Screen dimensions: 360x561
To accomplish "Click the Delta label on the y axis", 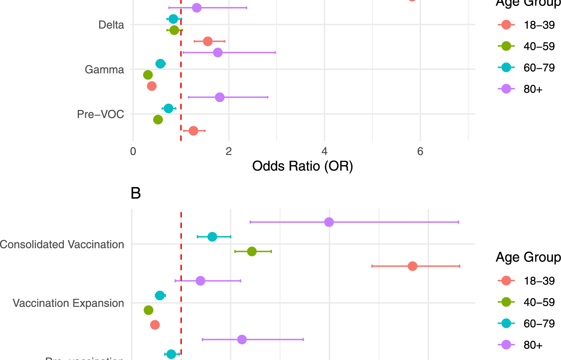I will coord(111,25).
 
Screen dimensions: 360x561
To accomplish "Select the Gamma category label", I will coord(104,70).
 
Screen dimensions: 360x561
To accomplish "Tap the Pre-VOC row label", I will coord(100,114).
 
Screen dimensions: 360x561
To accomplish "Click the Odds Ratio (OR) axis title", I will coord(302,166).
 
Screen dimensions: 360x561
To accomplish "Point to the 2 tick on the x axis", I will coord(229,152).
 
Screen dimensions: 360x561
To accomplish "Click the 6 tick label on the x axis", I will coord(420,152).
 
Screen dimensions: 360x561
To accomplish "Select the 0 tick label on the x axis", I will coord(133,152).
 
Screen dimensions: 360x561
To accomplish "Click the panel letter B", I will coord(136,193).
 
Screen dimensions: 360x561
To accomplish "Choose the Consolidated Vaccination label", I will coord(62,244).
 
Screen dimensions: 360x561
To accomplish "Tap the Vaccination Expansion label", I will coord(68,303).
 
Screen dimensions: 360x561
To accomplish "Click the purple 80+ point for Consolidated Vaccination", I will coord(329,222).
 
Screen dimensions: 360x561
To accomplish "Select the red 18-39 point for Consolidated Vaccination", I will coord(413,266).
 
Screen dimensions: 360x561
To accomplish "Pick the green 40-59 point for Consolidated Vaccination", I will coord(252,251).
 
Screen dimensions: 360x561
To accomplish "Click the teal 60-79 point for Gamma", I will coord(160,64).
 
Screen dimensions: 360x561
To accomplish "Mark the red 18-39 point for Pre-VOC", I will coord(193,131).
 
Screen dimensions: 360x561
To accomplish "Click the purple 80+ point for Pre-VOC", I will coord(219,97).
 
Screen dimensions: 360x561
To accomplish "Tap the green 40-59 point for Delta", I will coord(174,30).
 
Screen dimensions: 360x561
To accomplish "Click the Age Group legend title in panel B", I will coord(528,257).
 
